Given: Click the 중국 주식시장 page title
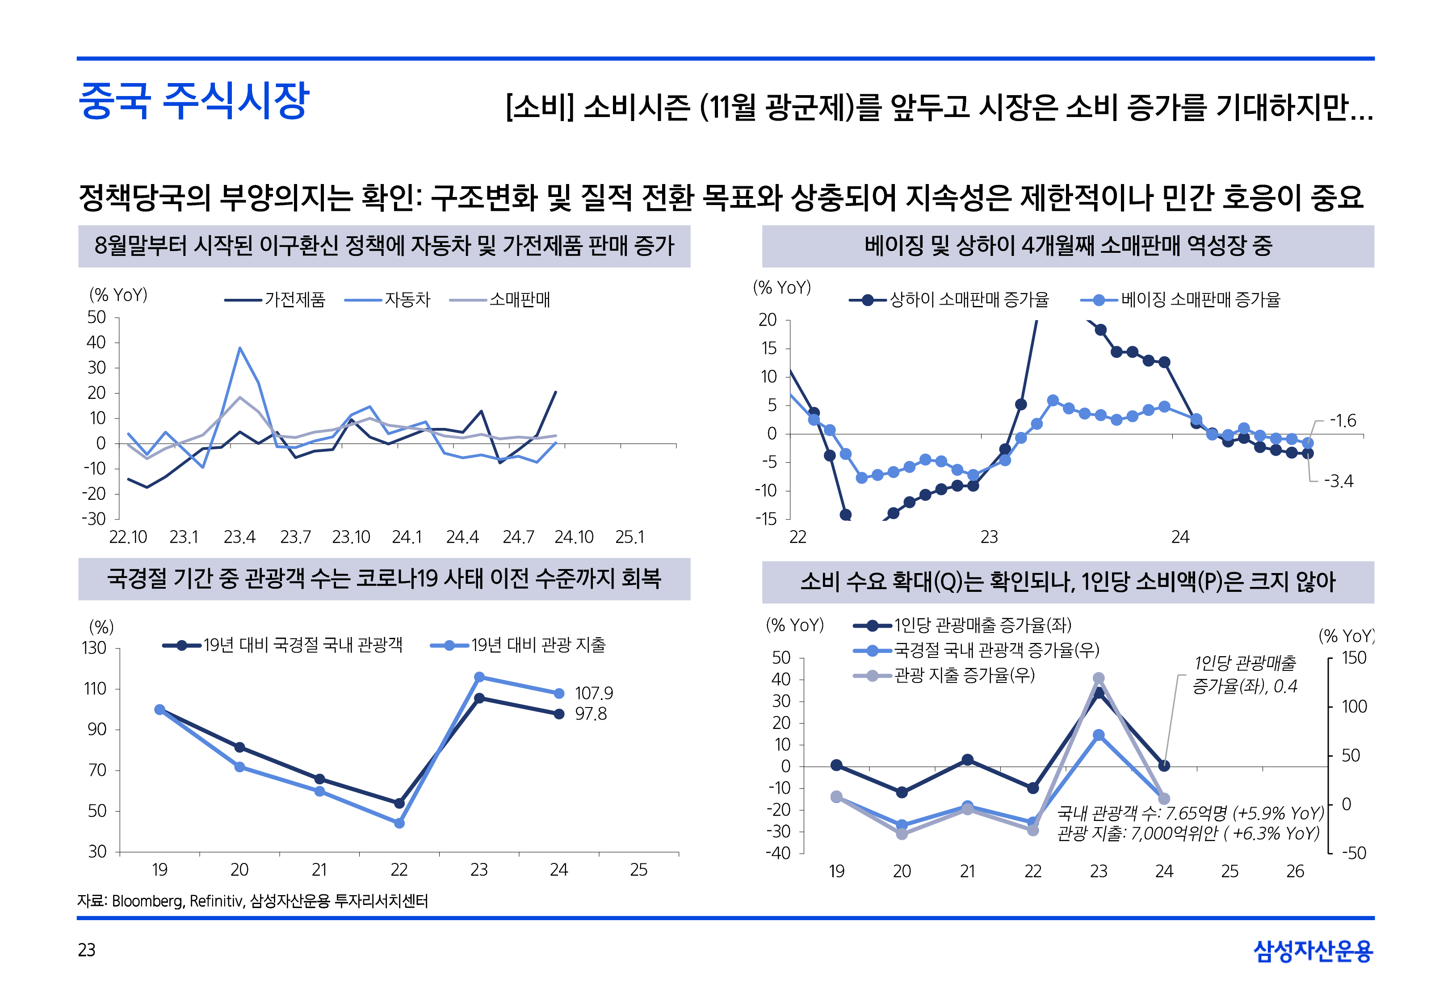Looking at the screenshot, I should pyautogui.click(x=194, y=101).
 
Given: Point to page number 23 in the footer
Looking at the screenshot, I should pyautogui.click(x=87, y=950).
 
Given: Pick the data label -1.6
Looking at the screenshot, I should pyautogui.click(x=1343, y=421).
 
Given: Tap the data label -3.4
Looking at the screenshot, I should pyautogui.click(x=1338, y=481).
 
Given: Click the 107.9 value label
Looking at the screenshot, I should pyautogui.click(x=593, y=693).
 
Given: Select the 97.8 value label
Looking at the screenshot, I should pyautogui.click(x=591, y=714).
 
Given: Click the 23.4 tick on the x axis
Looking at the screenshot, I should pyautogui.click(x=239, y=537).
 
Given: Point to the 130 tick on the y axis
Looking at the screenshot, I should pyautogui.click(x=94, y=648).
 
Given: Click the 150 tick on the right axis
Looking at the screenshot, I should pyautogui.click(x=1354, y=658).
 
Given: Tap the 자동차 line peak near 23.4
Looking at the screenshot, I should pyautogui.click(x=240, y=348).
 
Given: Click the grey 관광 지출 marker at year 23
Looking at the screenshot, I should pyautogui.click(x=1098, y=678).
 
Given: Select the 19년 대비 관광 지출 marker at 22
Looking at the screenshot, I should pyautogui.click(x=399, y=823).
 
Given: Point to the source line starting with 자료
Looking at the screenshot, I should pyautogui.click(x=252, y=901).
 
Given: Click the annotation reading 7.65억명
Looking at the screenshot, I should pyautogui.click(x=1190, y=813).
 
